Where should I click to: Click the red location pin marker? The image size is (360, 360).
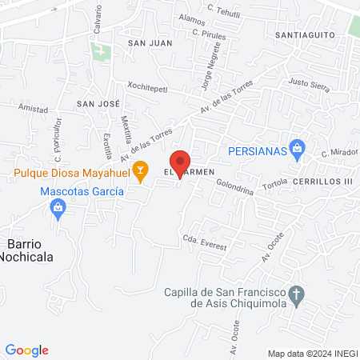(x=181, y=162)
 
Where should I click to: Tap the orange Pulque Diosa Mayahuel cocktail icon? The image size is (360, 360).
(x=141, y=170)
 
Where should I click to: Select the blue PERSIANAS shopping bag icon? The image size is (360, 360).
(x=297, y=147)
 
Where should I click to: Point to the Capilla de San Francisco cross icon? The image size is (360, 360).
(x=296, y=294)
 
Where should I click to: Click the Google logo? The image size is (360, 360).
(x=27, y=350)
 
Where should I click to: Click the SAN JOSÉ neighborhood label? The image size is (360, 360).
(x=97, y=104)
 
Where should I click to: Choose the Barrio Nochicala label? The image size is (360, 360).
(x=29, y=250)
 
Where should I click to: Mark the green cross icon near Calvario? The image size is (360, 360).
(x=101, y=54)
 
